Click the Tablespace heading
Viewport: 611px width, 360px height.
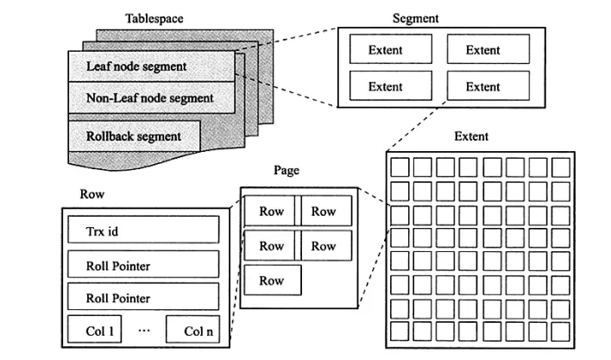(x=154, y=17)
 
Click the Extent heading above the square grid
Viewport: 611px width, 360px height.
(x=470, y=136)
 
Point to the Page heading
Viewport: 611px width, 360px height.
(x=286, y=170)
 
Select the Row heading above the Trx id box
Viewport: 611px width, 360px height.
(x=91, y=195)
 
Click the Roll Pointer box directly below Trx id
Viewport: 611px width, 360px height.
(x=143, y=265)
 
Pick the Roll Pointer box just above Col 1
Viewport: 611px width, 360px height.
(x=143, y=298)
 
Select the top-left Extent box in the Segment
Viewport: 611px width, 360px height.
(x=385, y=50)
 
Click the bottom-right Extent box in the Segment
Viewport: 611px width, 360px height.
(x=482, y=86)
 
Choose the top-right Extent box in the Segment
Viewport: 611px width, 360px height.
(x=482, y=50)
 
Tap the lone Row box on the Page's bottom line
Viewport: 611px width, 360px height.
(x=272, y=281)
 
